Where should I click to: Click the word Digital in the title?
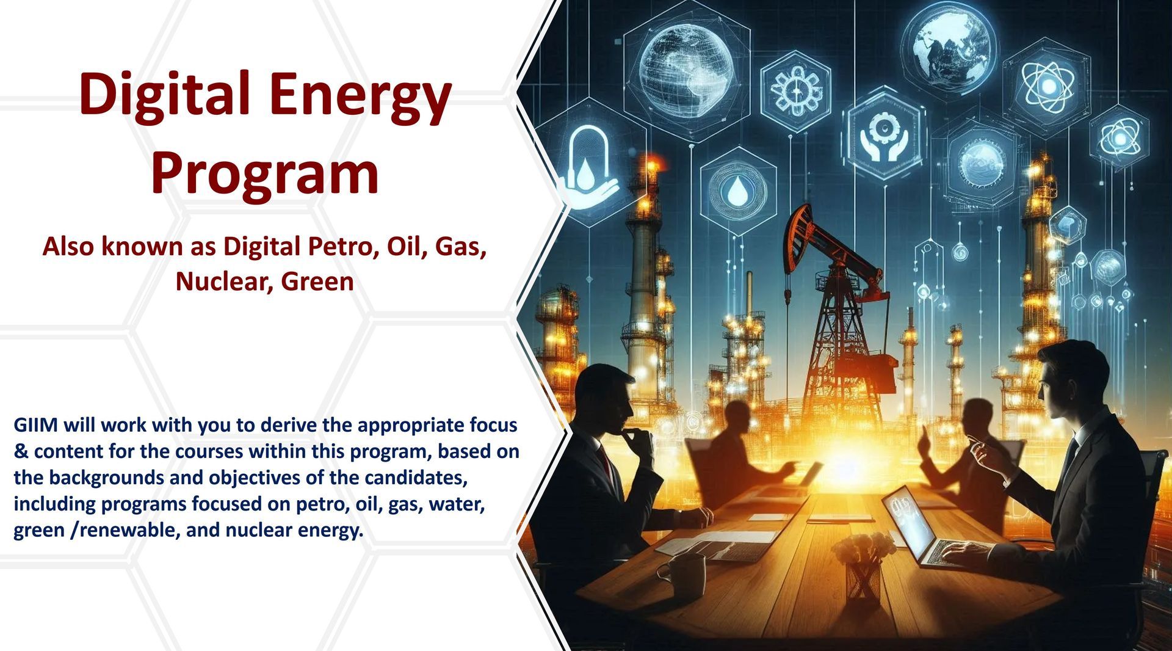coord(164,95)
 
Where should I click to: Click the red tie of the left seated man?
coord(606,460)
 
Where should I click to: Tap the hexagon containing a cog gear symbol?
coord(796,92)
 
